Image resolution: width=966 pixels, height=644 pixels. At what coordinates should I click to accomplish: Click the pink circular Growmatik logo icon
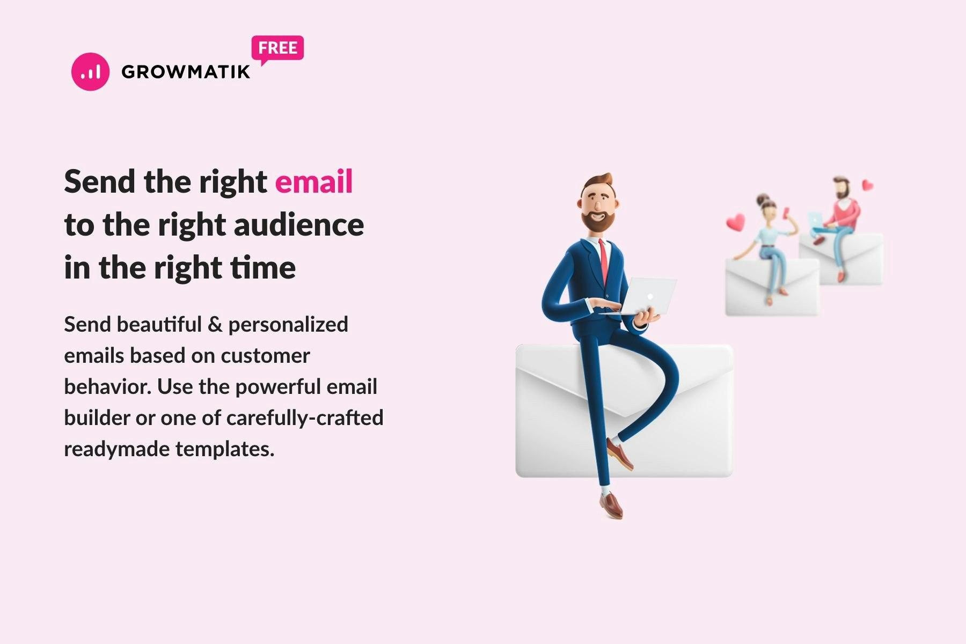pos(90,71)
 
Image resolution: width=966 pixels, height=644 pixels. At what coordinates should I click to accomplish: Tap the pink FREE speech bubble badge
pos(277,48)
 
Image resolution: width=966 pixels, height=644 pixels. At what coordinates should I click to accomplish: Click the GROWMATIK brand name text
pos(186,72)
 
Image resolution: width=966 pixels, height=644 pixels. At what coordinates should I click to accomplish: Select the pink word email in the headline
pos(314,181)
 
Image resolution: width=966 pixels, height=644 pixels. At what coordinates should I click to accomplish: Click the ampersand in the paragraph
pos(215,325)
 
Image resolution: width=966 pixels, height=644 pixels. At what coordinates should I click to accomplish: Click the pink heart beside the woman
pos(736,221)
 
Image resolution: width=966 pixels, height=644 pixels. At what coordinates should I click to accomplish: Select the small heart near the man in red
pos(867,185)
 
